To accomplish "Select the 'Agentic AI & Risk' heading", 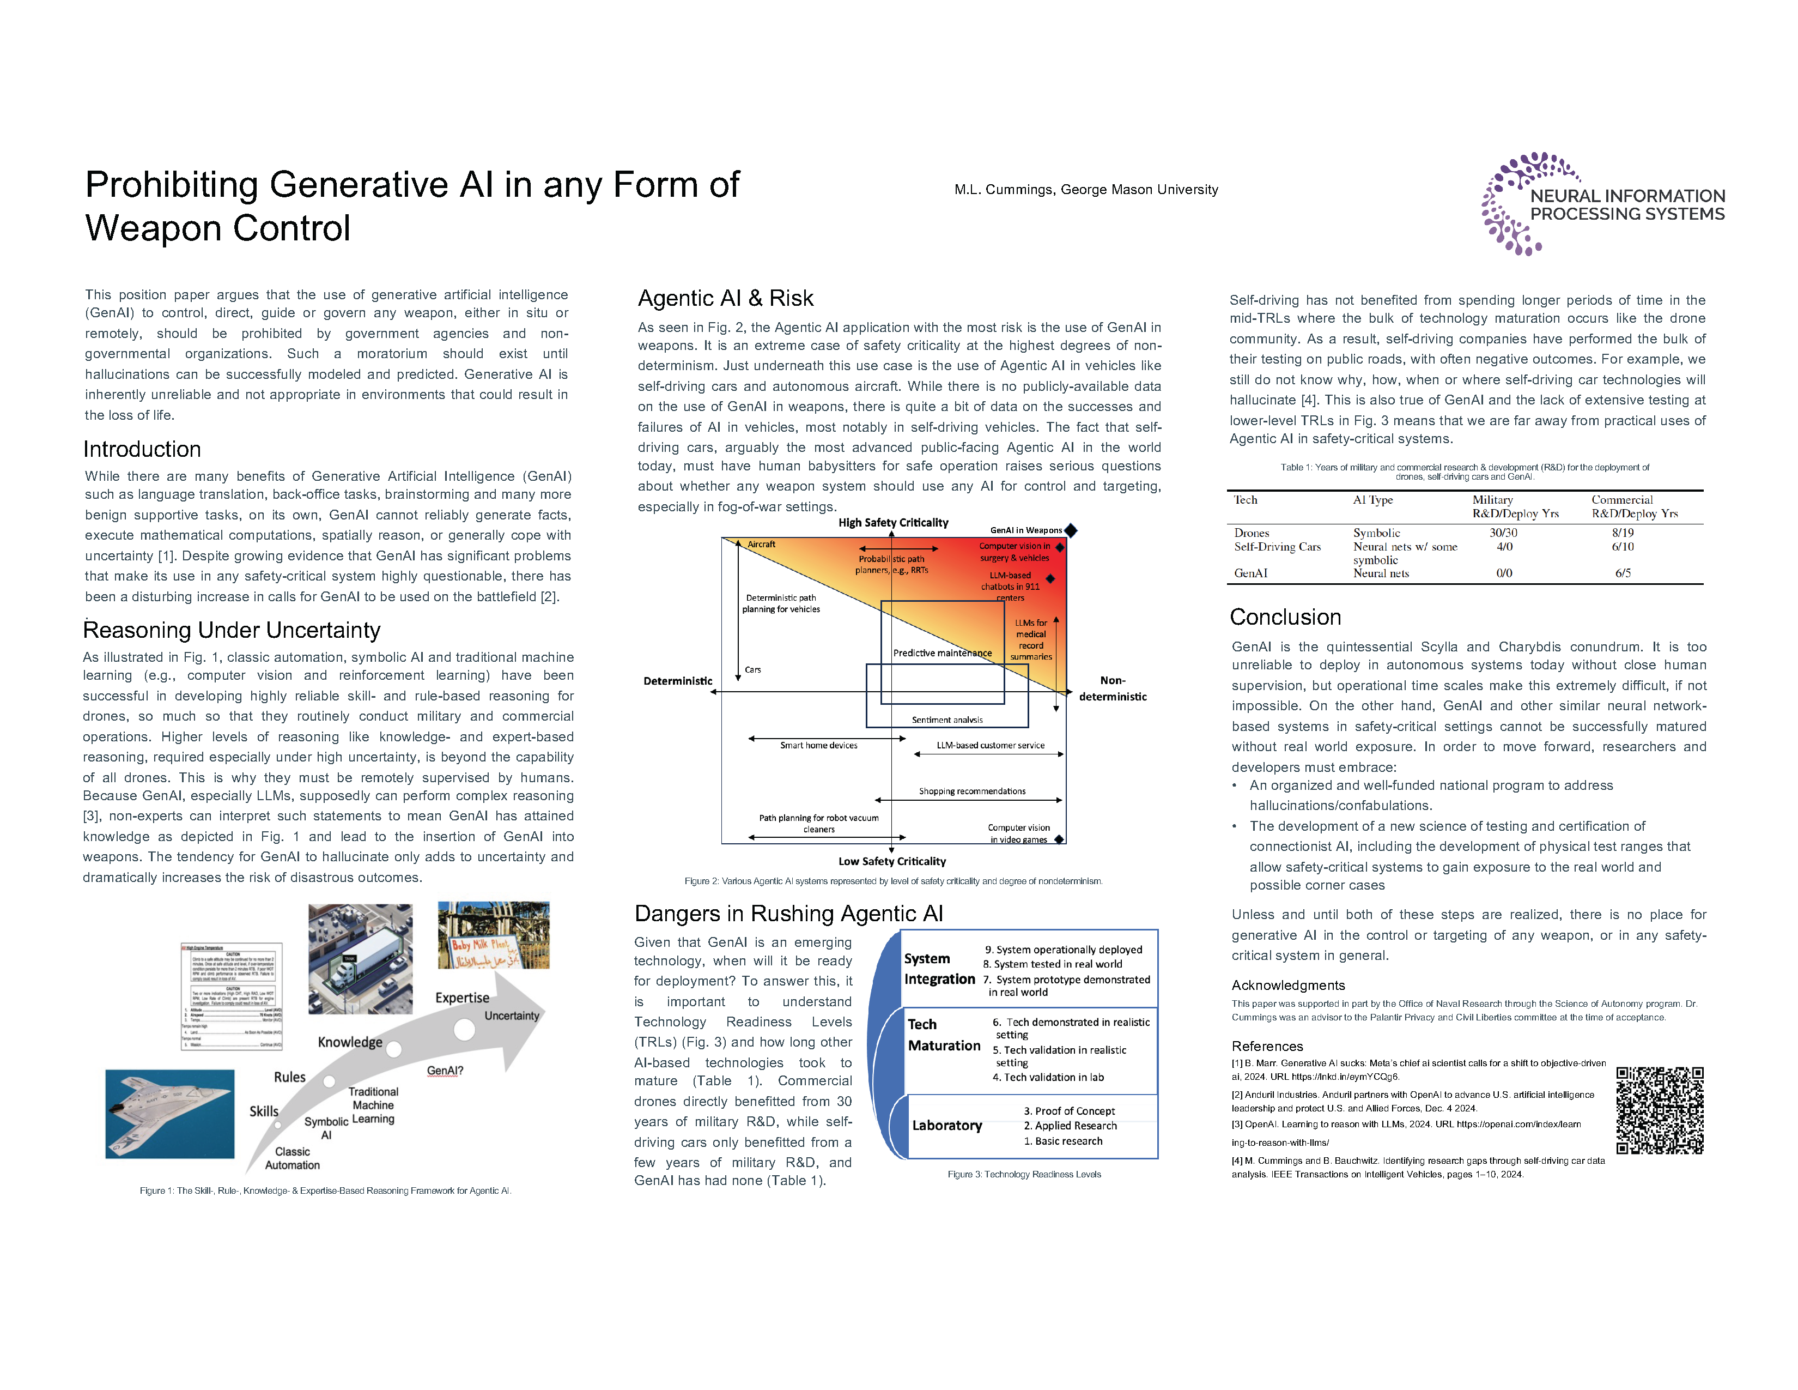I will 725,298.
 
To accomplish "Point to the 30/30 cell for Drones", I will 1503,533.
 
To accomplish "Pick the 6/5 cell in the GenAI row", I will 1622,573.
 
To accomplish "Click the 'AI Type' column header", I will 1372,500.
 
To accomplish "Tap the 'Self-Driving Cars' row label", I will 1277,547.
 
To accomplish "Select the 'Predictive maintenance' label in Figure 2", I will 942,653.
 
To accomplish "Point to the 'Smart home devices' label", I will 818,745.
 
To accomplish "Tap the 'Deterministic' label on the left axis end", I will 678,681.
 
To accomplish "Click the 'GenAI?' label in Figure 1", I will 445,1071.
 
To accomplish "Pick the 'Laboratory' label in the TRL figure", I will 947,1126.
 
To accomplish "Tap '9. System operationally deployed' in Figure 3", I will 1063,950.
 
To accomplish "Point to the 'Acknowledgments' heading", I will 1287,985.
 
